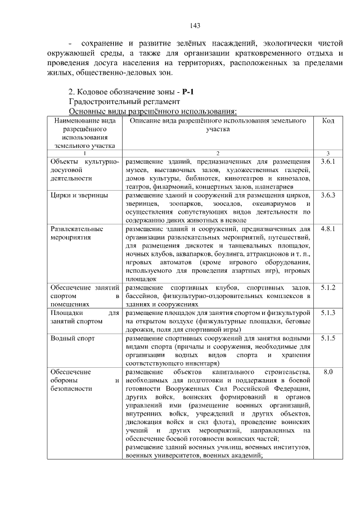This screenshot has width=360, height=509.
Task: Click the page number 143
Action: pyautogui.click(x=195, y=25)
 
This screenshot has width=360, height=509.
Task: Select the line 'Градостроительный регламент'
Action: pyautogui.click(x=124, y=101)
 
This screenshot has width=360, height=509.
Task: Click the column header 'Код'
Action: pyautogui.click(x=328, y=120)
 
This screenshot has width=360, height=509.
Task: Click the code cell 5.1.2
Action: pyautogui.click(x=328, y=287)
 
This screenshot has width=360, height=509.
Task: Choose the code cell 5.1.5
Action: pyautogui.click(x=328, y=338)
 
